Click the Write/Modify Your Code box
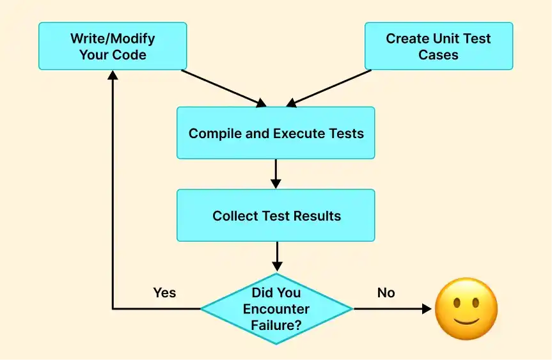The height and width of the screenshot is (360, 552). [113, 46]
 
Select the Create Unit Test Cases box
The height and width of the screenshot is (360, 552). [438, 46]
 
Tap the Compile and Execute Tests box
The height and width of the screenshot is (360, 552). [276, 133]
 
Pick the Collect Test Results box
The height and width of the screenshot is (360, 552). [276, 215]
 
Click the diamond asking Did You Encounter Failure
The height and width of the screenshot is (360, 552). [276, 309]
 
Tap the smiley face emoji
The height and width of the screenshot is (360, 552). [466, 309]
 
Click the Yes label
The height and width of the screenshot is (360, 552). [164, 293]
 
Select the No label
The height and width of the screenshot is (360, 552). [386, 293]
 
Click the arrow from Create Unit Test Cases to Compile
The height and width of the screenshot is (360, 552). [329, 88]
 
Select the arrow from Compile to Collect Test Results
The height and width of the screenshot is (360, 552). [276, 173]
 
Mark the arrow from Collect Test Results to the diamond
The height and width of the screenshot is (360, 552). [276, 256]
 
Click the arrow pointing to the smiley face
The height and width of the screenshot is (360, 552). [393, 309]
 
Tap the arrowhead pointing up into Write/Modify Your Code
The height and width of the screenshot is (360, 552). [113, 75]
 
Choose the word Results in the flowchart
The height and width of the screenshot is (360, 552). [317, 216]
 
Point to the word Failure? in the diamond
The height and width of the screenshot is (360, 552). [276, 325]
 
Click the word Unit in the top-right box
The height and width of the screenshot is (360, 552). [446, 38]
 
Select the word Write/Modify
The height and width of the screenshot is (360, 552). [113, 38]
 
